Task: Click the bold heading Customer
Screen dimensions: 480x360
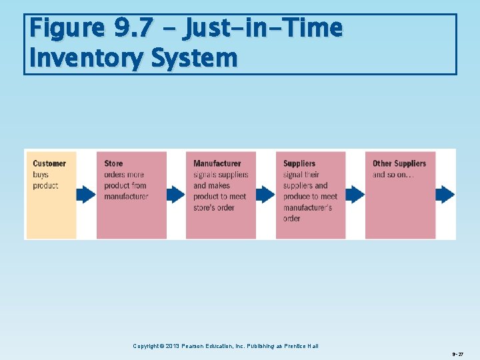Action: click(49, 163)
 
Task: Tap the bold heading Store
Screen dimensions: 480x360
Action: click(113, 163)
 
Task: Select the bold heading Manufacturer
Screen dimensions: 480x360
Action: click(217, 163)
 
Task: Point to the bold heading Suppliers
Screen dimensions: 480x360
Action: click(299, 163)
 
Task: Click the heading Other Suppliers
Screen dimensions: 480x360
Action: click(399, 163)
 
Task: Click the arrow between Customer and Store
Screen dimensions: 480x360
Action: click(86, 195)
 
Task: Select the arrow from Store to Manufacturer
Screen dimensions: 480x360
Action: click(176, 195)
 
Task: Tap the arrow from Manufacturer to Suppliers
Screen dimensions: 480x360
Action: click(265, 195)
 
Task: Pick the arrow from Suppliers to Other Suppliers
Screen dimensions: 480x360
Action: click(355, 195)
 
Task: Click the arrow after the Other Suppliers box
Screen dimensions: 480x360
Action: click(445, 195)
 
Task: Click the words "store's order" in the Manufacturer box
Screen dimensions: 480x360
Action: click(214, 207)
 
